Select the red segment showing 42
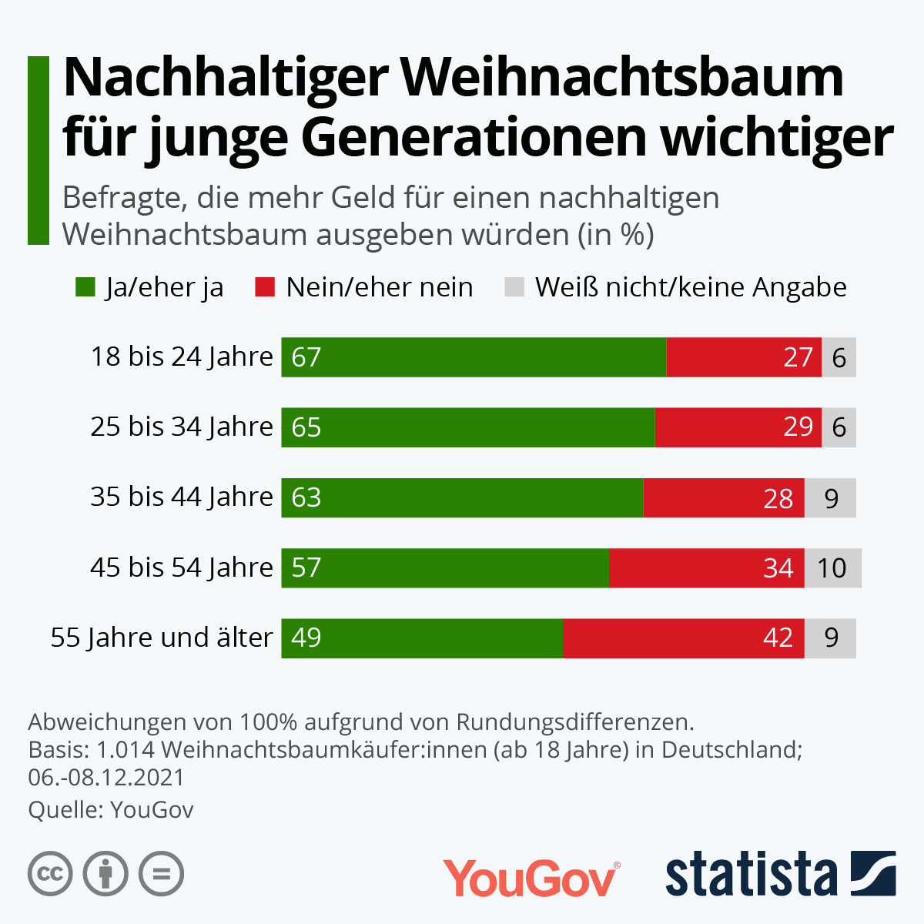pyautogui.click(x=684, y=638)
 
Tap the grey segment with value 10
pyautogui.click(x=832, y=568)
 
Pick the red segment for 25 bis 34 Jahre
pyautogui.click(x=738, y=427)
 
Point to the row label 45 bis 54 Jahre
pyautogui.click(x=182, y=567)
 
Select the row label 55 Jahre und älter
pyautogui.click(x=162, y=638)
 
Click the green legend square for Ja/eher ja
pyautogui.click(x=85, y=287)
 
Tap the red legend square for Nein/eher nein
pyautogui.click(x=265, y=287)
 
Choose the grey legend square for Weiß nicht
pyautogui.click(x=514, y=287)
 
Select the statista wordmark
pyautogui.click(x=752, y=875)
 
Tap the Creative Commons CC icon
pyautogui.click(x=50, y=874)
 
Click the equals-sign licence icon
pyautogui.click(x=162, y=874)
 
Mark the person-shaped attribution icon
pyautogui.click(x=106, y=874)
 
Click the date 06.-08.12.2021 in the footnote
pyautogui.click(x=106, y=777)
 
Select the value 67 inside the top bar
pyautogui.click(x=306, y=357)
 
